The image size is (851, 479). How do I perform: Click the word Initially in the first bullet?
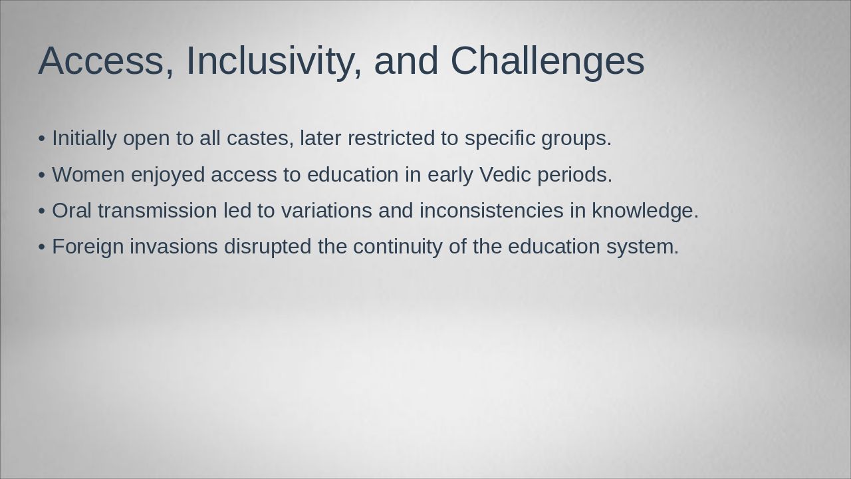[x=84, y=138]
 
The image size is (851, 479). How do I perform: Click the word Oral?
[x=72, y=211]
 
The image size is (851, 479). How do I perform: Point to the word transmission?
[x=158, y=211]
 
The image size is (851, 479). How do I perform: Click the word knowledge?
[x=645, y=211]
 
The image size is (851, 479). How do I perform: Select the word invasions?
[x=174, y=247]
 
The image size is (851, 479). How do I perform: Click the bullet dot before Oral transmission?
[x=42, y=211]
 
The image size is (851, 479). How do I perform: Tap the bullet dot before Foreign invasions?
[x=42, y=247]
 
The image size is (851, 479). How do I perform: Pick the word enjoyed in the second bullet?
[x=168, y=175]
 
